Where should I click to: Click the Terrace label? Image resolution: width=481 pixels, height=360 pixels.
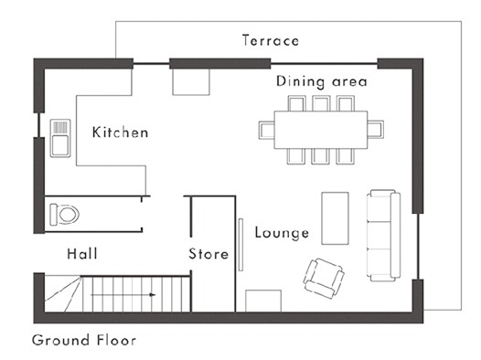[271, 40]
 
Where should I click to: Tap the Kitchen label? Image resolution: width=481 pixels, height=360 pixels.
[121, 132]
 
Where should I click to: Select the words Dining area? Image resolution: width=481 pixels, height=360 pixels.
[322, 81]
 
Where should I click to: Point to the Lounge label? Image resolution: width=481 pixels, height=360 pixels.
[282, 233]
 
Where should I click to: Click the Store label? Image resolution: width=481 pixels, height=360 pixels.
[208, 254]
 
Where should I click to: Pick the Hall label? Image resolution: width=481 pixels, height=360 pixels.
[82, 254]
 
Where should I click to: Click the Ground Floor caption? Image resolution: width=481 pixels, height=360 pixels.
[84, 340]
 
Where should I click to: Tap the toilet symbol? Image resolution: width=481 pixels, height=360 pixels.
[64, 214]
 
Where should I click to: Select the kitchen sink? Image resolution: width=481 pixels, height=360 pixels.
[60, 138]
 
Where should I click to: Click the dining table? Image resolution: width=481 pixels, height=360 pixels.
[321, 130]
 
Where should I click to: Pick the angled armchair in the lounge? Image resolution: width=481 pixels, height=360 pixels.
[324, 278]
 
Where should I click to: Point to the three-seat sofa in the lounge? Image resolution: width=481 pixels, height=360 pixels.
[383, 235]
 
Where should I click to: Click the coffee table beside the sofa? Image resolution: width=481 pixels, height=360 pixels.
[335, 218]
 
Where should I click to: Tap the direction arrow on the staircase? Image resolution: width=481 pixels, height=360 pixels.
[123, 295]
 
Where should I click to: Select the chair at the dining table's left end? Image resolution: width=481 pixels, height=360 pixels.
[267, 130]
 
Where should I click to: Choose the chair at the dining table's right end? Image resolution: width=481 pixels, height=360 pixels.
[376, 130]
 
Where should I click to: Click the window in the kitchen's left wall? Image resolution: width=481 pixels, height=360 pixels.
[39, 125]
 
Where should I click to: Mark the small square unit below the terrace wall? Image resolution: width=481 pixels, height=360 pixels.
[191, 82]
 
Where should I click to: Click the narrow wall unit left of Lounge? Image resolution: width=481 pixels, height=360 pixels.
[240, 245]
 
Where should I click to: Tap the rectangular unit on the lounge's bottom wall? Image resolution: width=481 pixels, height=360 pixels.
[263, 301]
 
